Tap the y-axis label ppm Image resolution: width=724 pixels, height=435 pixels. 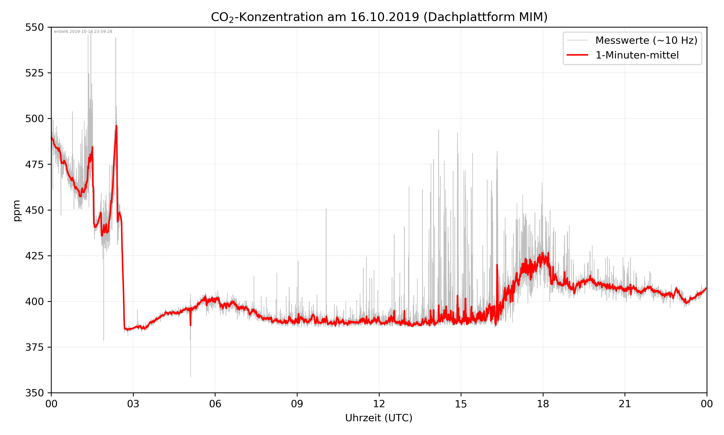pos(17,210)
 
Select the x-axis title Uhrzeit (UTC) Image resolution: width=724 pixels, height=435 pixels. pos(379,418)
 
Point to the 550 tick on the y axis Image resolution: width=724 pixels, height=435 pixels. pos(34,27)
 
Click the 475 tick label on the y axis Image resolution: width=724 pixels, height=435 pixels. pos(34,164)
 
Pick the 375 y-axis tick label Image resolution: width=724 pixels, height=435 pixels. pos(34,347)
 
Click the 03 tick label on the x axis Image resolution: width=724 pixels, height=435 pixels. pos(133,404)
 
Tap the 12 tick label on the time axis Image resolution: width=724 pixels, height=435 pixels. pos(379,404)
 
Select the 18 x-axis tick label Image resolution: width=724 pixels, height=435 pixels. pos(543,404)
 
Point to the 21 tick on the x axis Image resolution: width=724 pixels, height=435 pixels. pos(625,404)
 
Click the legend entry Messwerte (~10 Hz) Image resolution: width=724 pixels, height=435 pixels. pos(646,40)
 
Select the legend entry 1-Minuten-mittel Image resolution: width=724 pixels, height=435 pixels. pos(637,55)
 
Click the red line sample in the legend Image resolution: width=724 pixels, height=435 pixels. pos(577,55)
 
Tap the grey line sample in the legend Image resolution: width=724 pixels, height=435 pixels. pos(577,40)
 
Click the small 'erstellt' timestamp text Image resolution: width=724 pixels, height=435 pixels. pos(83,32)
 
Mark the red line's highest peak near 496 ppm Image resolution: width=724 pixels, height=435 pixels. pos(116,126)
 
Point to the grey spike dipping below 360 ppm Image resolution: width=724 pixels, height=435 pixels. pos(190,376)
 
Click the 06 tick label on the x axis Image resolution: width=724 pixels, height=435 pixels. pos(215,404)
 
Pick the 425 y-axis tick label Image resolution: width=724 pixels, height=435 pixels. pos(34,256)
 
